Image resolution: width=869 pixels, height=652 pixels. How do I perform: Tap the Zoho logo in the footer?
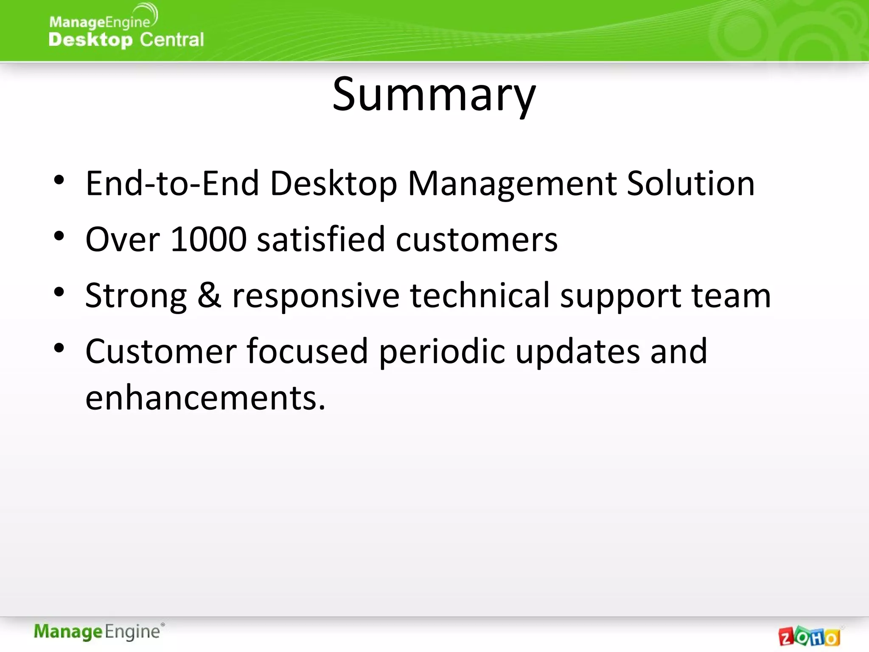pos(809,636)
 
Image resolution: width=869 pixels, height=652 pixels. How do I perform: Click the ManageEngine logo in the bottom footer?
pos(98,632)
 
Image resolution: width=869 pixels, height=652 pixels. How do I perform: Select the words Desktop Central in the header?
pos(126,40)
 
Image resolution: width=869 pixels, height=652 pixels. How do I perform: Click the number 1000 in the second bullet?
pos(208,239)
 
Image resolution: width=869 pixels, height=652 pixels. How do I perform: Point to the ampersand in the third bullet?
pos(209,295)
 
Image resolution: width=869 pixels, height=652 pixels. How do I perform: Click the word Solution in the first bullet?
pos(690,183)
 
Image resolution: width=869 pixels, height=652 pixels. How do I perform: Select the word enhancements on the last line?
pos(205,398)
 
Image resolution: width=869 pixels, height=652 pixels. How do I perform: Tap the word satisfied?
pos(321,239)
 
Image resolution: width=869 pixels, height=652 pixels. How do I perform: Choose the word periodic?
pos(442,351)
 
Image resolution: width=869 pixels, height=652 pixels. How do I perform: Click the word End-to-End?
pos(172,183)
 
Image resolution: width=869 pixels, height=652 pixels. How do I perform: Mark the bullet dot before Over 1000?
pos(59,236)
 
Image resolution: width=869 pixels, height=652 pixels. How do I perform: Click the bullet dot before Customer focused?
pos(59,348)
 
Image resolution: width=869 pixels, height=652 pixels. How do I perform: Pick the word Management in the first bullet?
pos(512,183)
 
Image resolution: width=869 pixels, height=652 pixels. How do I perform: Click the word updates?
pos(577,351)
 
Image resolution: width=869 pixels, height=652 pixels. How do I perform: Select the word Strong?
pos(136,296)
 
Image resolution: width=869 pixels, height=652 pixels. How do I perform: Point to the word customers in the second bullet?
pos(476,239)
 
